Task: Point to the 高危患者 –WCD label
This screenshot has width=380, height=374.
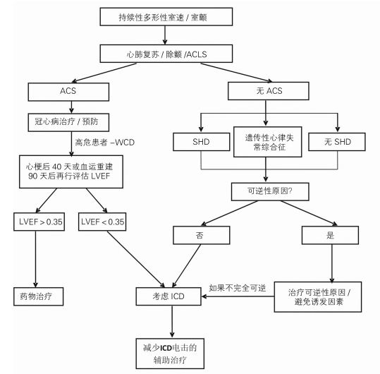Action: tap(108, 141)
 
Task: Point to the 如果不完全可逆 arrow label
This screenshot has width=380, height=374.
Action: tap(239, 288)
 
